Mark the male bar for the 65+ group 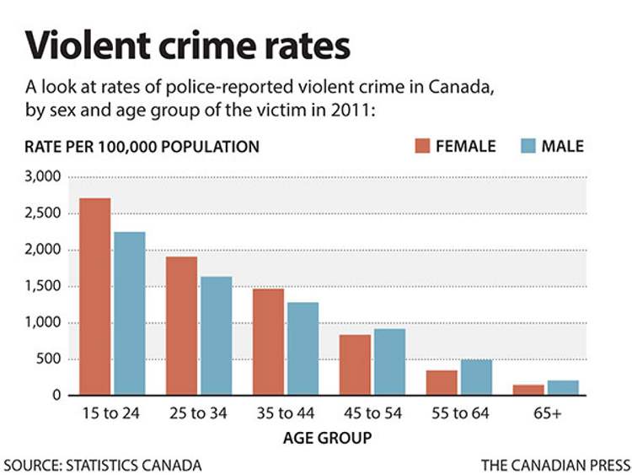[562, 388]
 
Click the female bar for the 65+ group [528, 391]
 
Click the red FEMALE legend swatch [421, 146]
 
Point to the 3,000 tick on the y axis [42, 178]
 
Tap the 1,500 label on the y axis [42, 287]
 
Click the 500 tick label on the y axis [49, 359]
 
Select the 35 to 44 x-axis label [286, 415]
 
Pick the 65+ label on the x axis [544, 415]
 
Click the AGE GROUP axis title [327, 439]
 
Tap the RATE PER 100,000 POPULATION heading [142, 147]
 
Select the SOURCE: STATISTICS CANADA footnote [103, 465]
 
